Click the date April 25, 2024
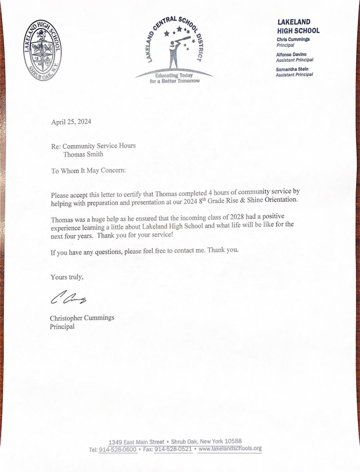71,122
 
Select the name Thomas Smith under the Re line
83,154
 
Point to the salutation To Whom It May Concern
88,171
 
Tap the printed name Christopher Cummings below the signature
82,318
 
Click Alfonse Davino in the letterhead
291,54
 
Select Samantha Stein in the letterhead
292,69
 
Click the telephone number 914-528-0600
118,450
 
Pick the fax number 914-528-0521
173,449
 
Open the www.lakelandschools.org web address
230,449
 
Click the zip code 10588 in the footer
233,441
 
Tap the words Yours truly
67,277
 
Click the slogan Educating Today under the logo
174,75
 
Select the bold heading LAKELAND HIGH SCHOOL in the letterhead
298,27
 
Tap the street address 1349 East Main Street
136,442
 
